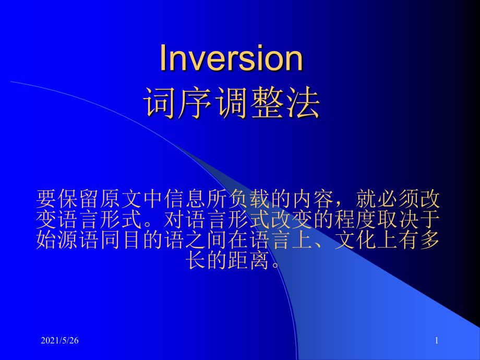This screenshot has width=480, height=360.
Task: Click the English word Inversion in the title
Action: point(231,58)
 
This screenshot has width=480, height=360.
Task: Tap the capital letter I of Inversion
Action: point(163,58)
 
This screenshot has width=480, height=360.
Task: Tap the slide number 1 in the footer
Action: point(437,341)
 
